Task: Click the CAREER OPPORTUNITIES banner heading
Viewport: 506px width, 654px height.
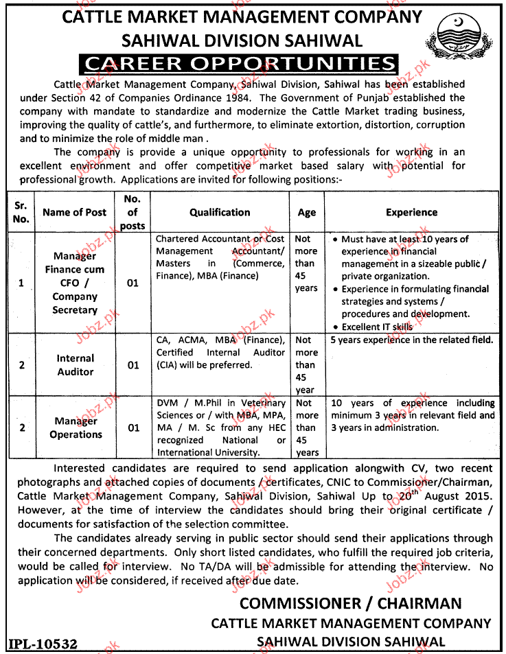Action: (x=239, y=65)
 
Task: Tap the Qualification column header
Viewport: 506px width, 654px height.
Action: (x=220, y=213)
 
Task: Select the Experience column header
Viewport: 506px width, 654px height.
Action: (x=411, y=213)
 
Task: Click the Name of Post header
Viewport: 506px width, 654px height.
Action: (x=75, y=213)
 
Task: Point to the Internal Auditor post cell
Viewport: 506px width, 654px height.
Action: (x=76, y=365)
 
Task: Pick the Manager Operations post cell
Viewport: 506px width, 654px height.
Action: (x=76, y=428)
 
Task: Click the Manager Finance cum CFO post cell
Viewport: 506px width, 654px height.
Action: (x=76, y=283)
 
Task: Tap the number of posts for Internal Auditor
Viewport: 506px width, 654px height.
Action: (x=133, y=365)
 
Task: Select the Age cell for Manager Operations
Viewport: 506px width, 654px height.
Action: (x=307, y=428)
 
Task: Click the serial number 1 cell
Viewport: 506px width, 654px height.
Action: (x=22, y=283)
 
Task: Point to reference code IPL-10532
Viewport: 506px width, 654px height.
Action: (x=43, y=644)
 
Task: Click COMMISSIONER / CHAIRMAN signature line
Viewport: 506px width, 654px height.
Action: (x=350, y=603)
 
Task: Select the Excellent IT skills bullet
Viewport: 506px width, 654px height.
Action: (x=377, y=327)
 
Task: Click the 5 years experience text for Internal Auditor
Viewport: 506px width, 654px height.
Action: (x=411, y=340)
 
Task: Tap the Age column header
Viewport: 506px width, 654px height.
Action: (x=307, y=213)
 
